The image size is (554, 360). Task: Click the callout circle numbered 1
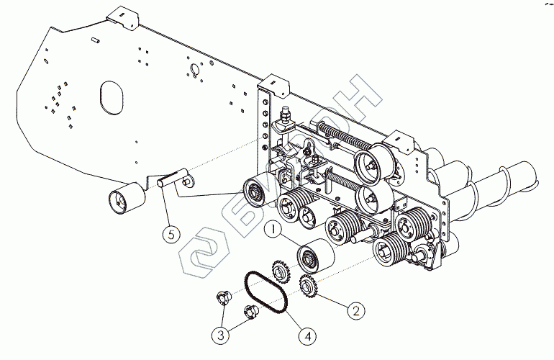click(273, 230)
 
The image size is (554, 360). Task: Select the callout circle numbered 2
click(354, 310)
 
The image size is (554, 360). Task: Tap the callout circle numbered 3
click(221, 334)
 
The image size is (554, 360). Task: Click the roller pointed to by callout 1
click(312, 256)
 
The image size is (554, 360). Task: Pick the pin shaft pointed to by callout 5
click(173, 178)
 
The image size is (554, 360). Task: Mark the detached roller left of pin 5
click(124, 198)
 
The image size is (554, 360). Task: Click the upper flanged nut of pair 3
click(222, 297)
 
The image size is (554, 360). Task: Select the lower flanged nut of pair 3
click(251, 312)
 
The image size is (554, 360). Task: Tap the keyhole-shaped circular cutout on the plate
click(193, 71)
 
